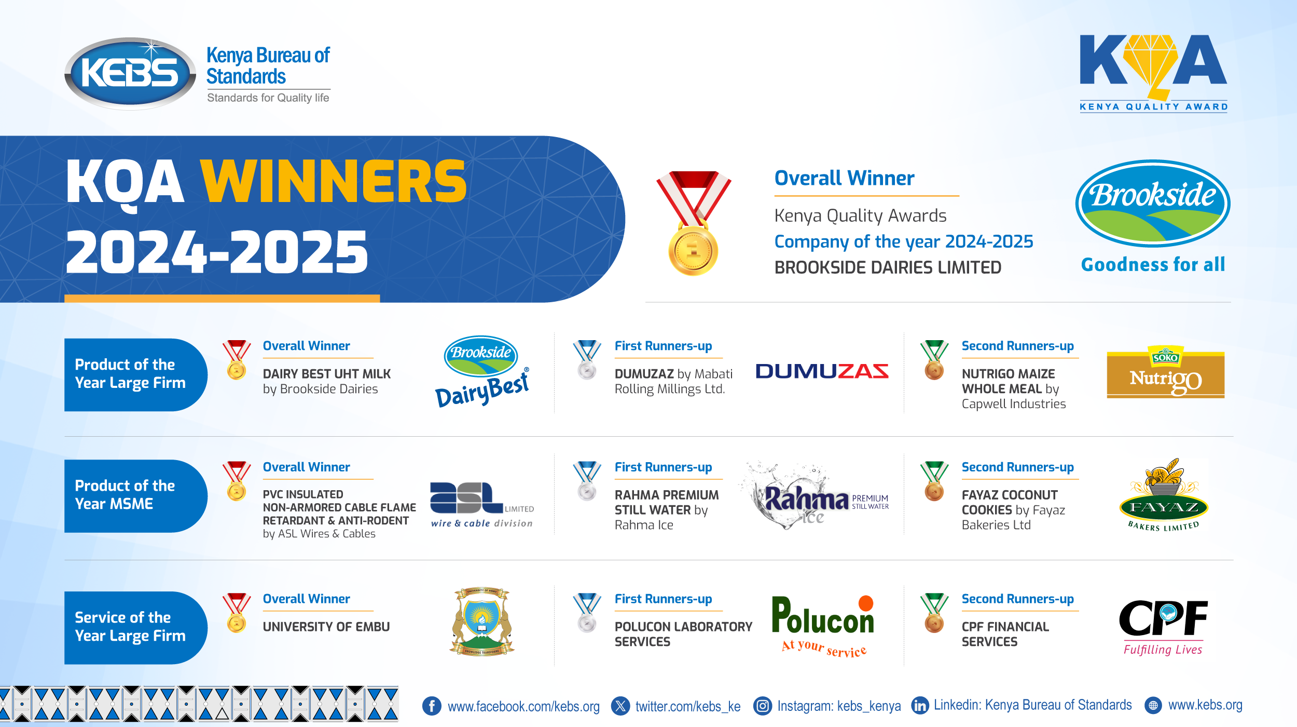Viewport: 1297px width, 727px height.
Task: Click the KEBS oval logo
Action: pyautogui.click(x=130, y=73)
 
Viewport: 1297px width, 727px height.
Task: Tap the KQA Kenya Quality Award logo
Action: pyautogui.click(x=1153, y=72)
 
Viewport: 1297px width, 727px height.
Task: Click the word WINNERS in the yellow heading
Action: pyautogui.click(x=334, y=182)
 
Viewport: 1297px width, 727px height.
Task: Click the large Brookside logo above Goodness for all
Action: pyautogui.click(x=1152, y=203)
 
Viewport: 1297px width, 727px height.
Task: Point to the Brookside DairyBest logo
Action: pyautogui.click(x=481, y=371)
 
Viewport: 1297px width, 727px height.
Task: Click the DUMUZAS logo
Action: pyautogui.click(x=822, y=371)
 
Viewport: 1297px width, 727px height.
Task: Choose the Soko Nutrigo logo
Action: pyautogui.click(x=1165, y=372)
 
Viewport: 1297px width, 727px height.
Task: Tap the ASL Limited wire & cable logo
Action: pyautogui.click(x=481, y=504)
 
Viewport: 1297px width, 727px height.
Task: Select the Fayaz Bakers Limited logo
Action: pyautogui.click(x=1164, y=496)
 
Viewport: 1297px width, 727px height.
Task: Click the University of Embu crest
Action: pyautogui.click(x=482, y=622)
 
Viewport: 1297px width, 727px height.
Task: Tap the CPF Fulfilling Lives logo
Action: pyautogui.click(x=1163, y=626)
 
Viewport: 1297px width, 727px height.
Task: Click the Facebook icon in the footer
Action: pyautogui.click(x=432, y=706)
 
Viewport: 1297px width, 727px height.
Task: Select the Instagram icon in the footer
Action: pyautogui.click(x=762, y=706)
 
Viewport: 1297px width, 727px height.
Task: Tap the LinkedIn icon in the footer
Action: pyautogui.click(x=920, y=706)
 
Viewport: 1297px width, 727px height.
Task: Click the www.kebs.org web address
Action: pyautogui.click(x=1205, y=705)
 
